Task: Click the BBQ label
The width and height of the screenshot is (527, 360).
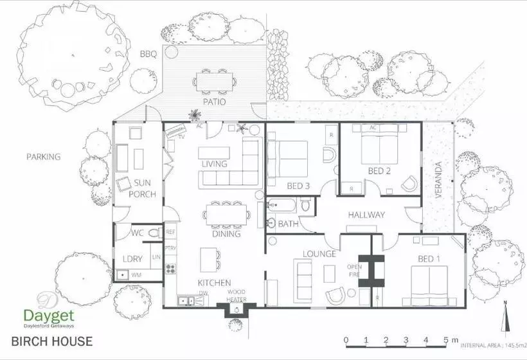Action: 148,54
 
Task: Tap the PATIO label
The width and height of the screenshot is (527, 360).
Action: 214,101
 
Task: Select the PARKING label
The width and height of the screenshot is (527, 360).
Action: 43,156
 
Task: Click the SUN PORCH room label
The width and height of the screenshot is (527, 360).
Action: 142,188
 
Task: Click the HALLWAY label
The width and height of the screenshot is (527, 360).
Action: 366,215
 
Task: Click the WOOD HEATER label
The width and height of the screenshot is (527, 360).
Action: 237,296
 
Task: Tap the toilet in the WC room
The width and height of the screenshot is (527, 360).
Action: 153,233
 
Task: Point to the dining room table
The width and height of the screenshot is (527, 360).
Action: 225,213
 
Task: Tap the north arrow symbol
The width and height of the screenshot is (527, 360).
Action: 507,315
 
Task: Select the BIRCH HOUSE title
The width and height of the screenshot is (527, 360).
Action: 51,341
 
